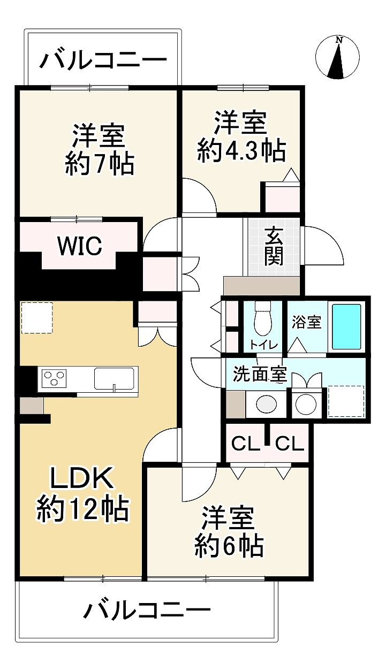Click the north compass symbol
pyautogui.click(x=337, y=57)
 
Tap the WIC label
pyautogui.click(x=79, y=246)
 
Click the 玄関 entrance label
pyautogui.click(x=274, y=247)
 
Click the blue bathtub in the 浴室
pyautogui.click(x=346, y=326)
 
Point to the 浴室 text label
pyautogui.click(x=306, y=322)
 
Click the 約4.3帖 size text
pyautogui.click(x=241, y=151)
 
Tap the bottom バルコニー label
pyautogui.click(x=148, y=610)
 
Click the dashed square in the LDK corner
pyautogui.click(x=37, y=318)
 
